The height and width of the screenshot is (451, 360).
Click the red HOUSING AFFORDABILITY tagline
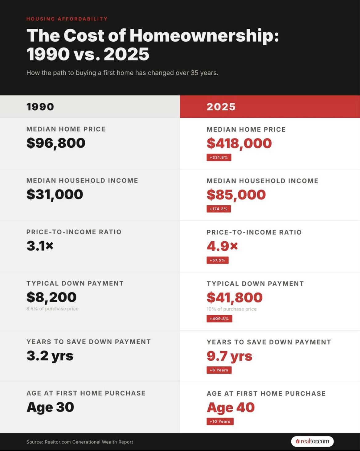67,19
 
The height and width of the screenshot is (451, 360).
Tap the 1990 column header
40,107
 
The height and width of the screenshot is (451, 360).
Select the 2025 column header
221,107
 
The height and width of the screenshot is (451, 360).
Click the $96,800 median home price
56,143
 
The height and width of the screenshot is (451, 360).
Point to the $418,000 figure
239,143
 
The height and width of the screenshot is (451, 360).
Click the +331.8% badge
219,158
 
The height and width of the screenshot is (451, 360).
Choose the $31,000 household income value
55,194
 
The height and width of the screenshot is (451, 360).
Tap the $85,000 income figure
236,195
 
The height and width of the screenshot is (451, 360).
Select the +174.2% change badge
219,209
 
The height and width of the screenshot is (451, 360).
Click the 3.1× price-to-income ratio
40,246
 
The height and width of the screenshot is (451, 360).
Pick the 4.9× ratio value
222,246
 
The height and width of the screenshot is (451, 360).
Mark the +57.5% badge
217,260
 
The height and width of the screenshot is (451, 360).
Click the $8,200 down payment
51,297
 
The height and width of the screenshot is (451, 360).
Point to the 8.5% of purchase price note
52,309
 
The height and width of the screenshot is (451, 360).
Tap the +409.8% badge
219,318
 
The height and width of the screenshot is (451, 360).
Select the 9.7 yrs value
229,356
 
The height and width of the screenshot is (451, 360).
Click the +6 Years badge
219,370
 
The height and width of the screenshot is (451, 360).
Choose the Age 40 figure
231,408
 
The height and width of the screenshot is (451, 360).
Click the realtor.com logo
312,441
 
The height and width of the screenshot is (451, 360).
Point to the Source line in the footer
80,442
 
